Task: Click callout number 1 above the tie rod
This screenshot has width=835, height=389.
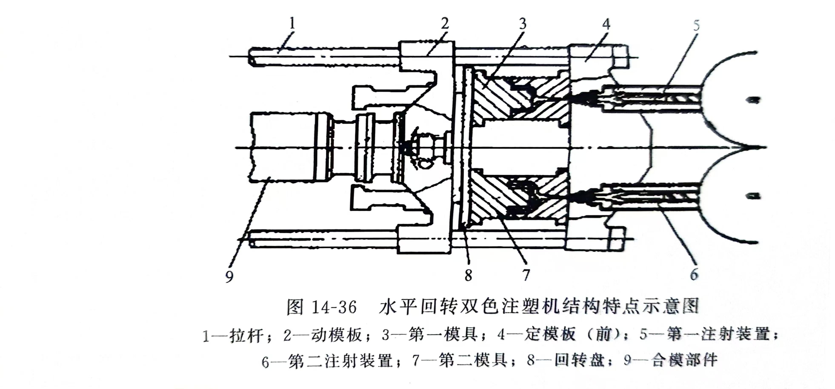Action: click(292, 23)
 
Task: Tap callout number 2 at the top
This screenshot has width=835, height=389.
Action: click(445, 23)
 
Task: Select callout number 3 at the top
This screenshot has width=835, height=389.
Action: click(522, 24)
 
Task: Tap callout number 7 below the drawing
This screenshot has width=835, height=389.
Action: click(526, 275)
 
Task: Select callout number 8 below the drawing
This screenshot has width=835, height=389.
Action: click(468, 275)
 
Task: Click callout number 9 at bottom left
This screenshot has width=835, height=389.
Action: click(229, 276)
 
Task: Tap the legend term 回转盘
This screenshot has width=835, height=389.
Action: click(580, 360)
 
